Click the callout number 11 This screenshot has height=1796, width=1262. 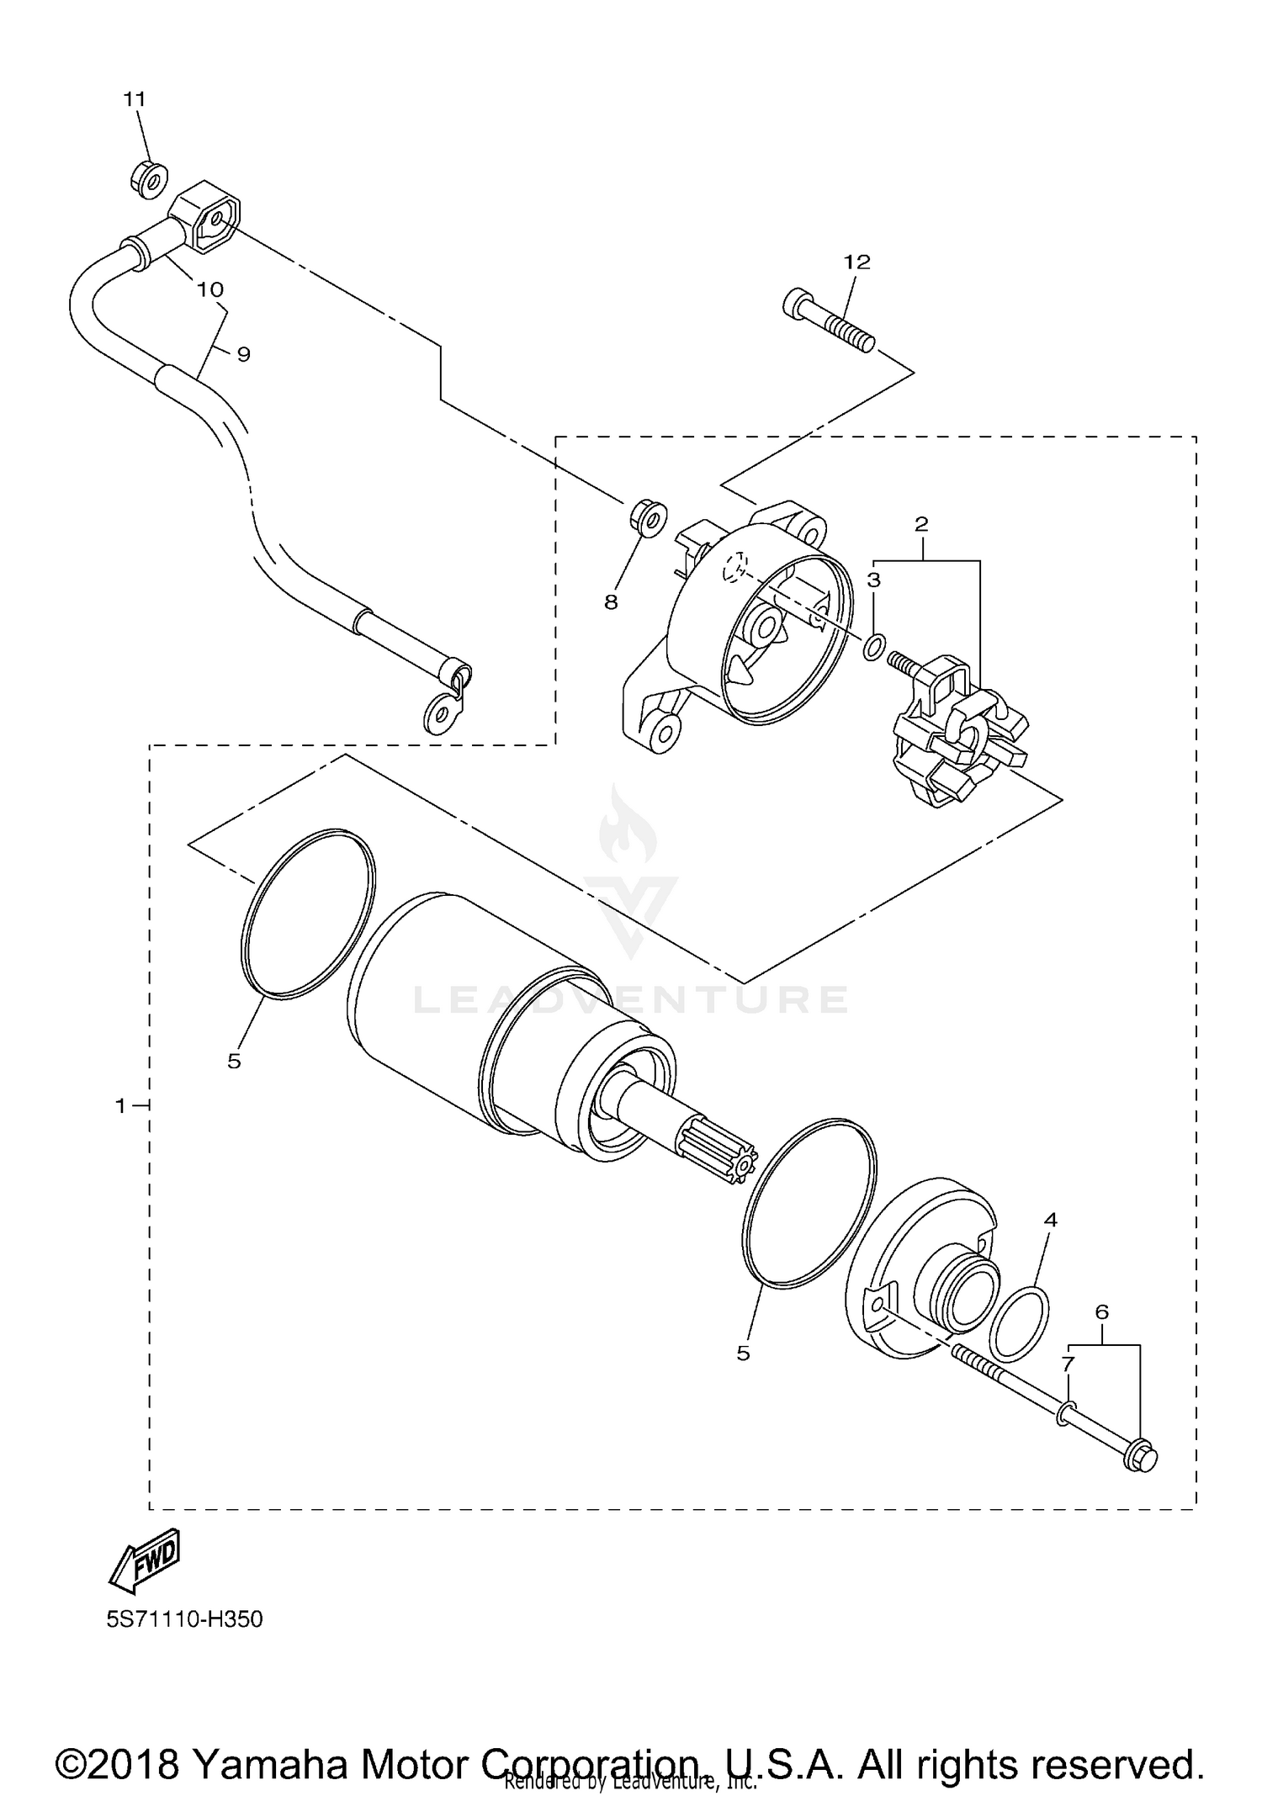[x=135, y=99]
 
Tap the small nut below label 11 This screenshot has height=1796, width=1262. [x=148, y=179]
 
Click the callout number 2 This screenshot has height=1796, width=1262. [x=921, y=524]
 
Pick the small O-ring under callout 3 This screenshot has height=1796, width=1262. [x=874, y=647]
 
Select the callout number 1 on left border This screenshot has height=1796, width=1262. [x=120, y=1105]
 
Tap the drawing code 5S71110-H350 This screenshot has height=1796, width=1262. [x=184, y=1643]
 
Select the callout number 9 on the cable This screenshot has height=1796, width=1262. [x=243, y=354]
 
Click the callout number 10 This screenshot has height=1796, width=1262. [x=209, y=289]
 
